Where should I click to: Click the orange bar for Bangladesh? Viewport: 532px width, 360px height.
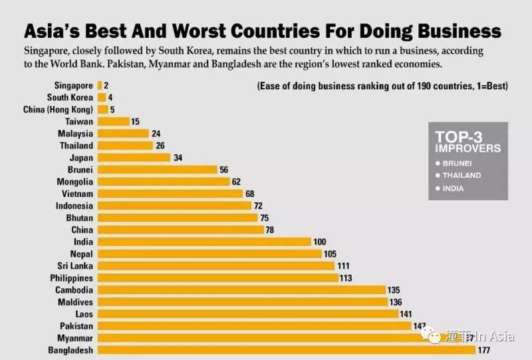coord(286,350)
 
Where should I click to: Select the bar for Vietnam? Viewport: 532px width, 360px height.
coord(170,194)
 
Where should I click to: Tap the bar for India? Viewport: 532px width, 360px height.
coord(204,242)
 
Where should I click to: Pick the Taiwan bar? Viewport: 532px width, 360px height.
coord(113,121)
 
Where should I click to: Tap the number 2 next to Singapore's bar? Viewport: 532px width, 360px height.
coord(106,85)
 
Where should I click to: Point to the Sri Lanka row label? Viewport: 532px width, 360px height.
coord(74,266)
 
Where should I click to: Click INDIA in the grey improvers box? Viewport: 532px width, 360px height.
coord(452,188)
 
